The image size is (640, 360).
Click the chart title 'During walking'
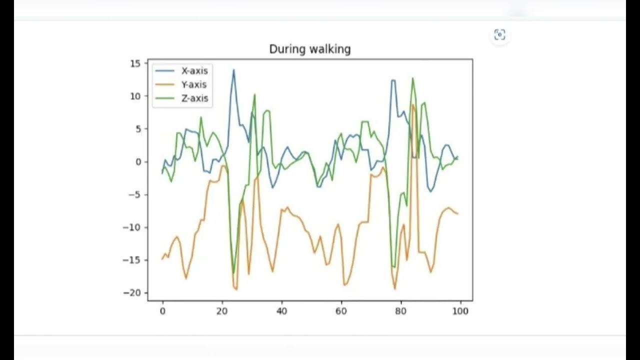click(x=309, y=49)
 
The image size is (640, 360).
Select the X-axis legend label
click(x=194, y=70)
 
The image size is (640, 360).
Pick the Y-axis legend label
click(x=194, y=84)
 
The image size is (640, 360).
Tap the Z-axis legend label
click(x=194, y=98)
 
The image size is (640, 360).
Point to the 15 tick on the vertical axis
click(x=135, y=63)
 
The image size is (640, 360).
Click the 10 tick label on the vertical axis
click(x=135, y=96)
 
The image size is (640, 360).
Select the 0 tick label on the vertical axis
click(x=138, y=161)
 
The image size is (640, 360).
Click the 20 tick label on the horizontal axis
click(x=222, y=311)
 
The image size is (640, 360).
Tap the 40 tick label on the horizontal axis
click(x=281, y=311)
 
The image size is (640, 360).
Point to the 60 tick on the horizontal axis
click(x=341, y=311)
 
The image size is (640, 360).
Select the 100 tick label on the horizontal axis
click(x=460, y=311)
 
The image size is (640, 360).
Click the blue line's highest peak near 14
click(x=233, y=70)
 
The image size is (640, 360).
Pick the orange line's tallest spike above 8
click(x=412, y=104)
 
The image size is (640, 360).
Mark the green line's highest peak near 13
click(x=412, y=78)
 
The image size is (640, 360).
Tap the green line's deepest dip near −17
click(x=233, y=273)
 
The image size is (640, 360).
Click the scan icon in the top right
click(x=499, y=34)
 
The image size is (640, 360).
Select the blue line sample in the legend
click(x=165, y=70)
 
